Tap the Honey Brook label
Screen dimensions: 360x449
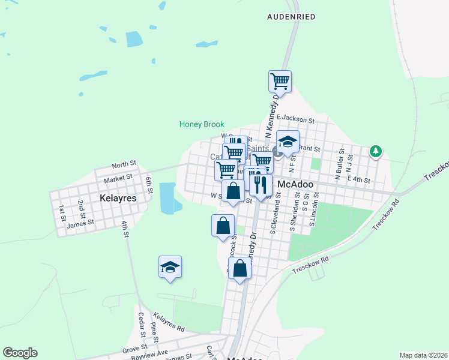pos(202,125)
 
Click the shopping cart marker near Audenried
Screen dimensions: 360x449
pos(280,80)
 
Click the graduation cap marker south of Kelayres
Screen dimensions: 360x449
pos(170,266)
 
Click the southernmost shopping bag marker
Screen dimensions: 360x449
pos(240,269)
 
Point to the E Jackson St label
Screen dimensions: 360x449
pos(296,120)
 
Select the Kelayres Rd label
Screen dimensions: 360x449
pos(169,321)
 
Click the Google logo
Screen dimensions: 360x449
pos(20,353)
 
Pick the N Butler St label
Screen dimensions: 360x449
pos(339,162)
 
